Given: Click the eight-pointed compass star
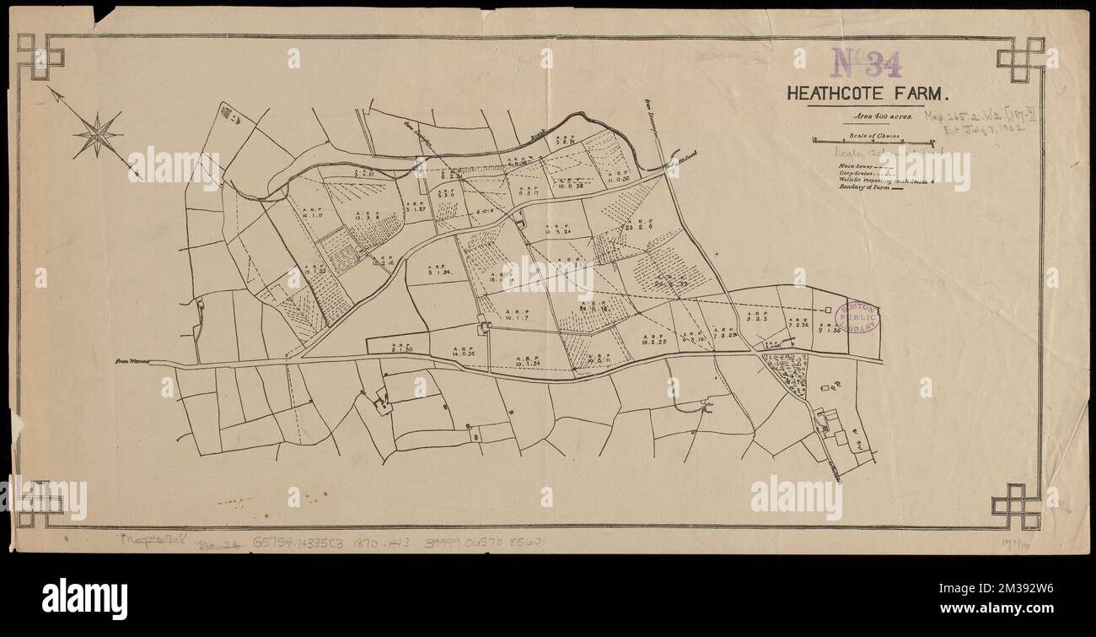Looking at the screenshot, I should [99, 134].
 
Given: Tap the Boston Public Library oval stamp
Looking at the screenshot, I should [857, 319].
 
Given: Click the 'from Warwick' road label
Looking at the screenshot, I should [132, 361].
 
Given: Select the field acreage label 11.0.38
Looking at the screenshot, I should [618, 178].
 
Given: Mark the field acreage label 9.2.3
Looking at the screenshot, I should [755, 320].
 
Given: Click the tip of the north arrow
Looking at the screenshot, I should [49, 88].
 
